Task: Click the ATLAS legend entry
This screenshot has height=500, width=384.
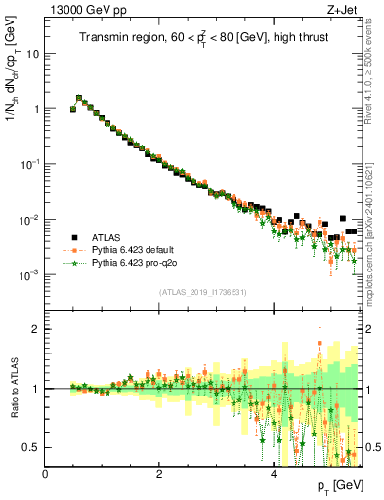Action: click(107, 237)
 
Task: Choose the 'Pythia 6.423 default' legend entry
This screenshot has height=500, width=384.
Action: click(135, 250)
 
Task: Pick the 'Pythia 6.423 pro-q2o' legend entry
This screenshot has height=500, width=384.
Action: click(135, 263)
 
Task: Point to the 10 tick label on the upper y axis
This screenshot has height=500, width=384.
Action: click(33, 54)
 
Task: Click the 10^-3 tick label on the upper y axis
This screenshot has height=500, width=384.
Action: click(30, 274)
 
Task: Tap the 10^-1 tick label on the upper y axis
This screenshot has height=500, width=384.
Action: click(30, 164)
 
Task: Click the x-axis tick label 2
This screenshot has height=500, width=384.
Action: click(159, 474)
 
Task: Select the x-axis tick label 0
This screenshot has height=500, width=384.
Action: click(45, 474)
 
